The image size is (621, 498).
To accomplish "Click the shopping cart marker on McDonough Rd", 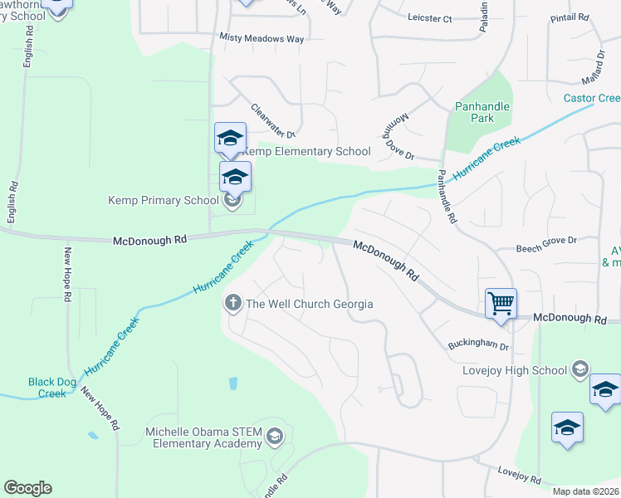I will pos(501,303).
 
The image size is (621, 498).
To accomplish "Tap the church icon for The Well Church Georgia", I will pos(233,304).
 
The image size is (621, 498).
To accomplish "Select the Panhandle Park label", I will pos(482,112).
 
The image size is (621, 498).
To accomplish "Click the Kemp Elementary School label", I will pos(306,151).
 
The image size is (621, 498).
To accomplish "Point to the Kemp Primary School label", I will pos(163,200).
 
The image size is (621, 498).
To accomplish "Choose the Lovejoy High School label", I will pos(515,369).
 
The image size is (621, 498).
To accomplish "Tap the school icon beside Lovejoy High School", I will pos(579,369).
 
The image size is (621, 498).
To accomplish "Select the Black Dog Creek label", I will pos(52,388).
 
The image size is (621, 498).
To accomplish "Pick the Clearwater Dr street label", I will pos(273,120).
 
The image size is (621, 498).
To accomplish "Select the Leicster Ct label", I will pos(430,17).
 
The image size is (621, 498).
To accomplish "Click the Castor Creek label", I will pos(591,98).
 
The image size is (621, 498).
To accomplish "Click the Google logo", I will pos(27,488).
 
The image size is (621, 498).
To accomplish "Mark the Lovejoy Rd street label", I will pos(519,479).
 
